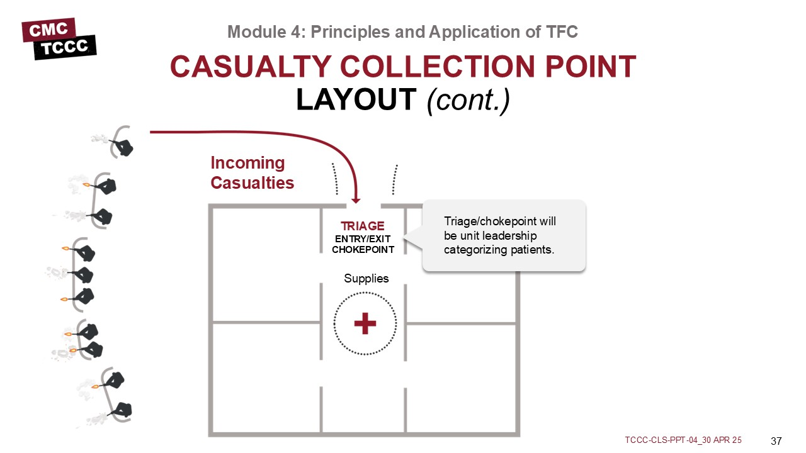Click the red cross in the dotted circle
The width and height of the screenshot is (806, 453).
click(365, 324)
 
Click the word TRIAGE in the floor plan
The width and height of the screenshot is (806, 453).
click(363, 226)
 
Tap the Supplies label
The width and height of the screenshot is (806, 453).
click(366, 278)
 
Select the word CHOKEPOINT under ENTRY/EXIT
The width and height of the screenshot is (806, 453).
click(363, 250)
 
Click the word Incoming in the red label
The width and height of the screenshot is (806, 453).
click(247, 163)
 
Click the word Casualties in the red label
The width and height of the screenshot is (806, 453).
click(252, 183)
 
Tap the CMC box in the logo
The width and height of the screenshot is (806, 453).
click(48, 28)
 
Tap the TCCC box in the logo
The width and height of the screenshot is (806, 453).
click(65, 47)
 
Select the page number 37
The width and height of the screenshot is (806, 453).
click(776, 440)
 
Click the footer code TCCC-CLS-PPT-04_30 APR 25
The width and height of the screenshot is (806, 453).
click(683, 440)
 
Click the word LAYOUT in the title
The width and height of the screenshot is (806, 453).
click(356, 99)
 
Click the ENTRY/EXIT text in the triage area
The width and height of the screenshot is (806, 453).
click(363, 238)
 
